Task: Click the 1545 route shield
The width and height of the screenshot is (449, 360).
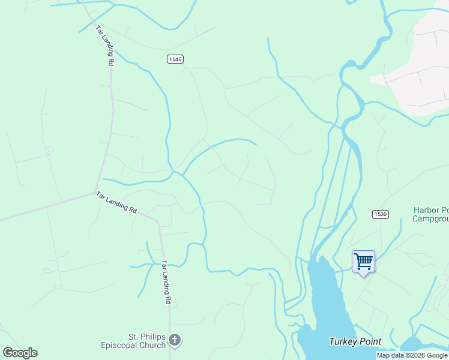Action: click(x=175, y=59)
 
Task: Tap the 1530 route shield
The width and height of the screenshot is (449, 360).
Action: click(x=379, y=214)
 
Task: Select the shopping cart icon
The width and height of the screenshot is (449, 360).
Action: click(x=363, y=261)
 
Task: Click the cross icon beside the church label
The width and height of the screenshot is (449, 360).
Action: click(x=175, y=340)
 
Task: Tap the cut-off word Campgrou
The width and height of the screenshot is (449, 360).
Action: click(x=430, y=218)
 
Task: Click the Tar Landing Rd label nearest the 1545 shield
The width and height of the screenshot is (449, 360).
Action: click(x=104, y=45)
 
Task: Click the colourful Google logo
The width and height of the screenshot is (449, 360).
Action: click(x=20, y=353)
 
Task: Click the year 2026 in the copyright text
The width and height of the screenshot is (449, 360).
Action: click(x=418, y=355)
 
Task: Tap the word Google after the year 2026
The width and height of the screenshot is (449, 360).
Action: click(x=438, y=355)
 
